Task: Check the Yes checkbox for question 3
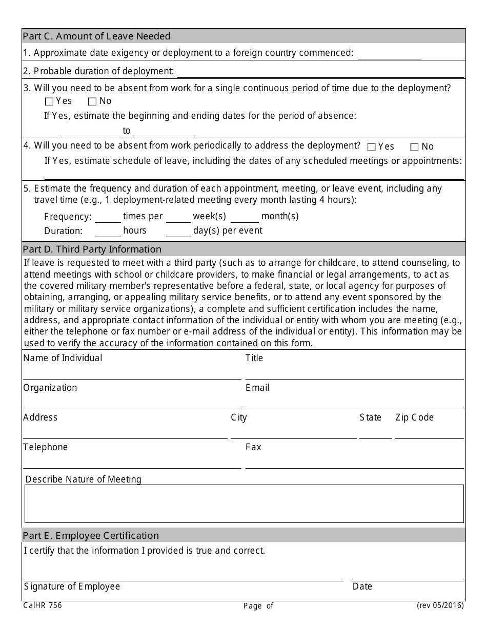coord(49,102)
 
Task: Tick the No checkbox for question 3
coord(92,102)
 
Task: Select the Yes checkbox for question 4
coord(372,148)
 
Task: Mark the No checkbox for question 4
coord(415,148)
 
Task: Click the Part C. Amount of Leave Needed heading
coord(97,36)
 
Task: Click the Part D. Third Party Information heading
coord(92,249)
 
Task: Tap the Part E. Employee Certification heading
coord(91,536)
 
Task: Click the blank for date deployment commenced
coord(389,54)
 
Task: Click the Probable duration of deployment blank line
coord(320,72)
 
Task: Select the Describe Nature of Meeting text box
coord(244,503)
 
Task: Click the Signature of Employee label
coord(72,586)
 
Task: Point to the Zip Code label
coord(414,417)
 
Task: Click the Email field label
coord(257,388)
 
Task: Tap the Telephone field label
coord(46,447)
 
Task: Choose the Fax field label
coord(253,447)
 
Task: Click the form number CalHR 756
coord(43,605)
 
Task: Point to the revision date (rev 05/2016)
coord(440,605)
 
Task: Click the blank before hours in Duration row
coord(108,232)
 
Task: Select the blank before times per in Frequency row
coord(108,218)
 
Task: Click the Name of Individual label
coord(63,358)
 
